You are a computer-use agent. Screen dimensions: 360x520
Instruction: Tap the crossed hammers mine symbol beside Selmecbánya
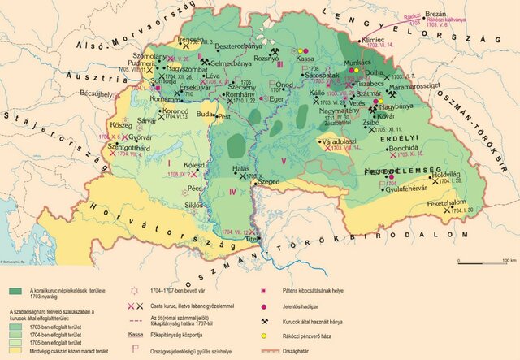click(x=207, y=62)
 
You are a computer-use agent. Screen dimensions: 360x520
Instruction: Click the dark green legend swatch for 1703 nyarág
click(x=17, y=291)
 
